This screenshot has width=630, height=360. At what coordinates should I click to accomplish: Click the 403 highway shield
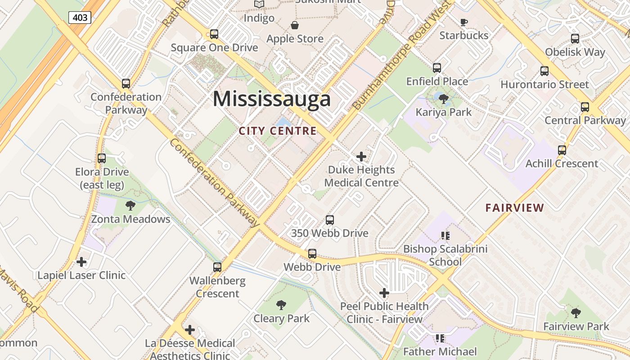tap(80, 18)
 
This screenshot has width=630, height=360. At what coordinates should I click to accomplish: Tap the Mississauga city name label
tap(272, 99)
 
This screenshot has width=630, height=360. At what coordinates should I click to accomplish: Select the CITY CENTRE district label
tap(278, 131)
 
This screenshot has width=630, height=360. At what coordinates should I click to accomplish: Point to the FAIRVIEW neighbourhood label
tap(515, 208)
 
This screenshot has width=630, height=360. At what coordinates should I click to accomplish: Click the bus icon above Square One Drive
tap(214, 34)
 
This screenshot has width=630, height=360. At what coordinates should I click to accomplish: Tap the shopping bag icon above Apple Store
tap(295, 25)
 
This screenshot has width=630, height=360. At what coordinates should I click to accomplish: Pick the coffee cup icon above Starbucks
tap(464, 22)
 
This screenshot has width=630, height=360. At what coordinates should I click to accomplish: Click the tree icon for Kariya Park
tap(444, 99)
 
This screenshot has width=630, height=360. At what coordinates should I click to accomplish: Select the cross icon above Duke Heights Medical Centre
tap(361, 157)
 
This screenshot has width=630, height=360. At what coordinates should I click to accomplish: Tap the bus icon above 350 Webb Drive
tap(330, 220)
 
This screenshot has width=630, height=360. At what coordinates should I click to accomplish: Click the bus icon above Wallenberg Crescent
tap(217, 267)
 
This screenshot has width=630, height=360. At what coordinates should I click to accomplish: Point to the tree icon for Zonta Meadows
tap(130, 206)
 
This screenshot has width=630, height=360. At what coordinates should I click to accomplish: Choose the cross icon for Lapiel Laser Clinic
tap(81, 262)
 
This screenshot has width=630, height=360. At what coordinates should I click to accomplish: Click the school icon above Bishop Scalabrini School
tap(445, 235)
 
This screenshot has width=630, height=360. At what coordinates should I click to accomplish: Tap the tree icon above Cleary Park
tap(281, 305)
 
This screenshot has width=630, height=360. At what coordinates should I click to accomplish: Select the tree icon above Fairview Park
tap(576, 313)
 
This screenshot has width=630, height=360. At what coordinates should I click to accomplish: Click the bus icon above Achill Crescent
tap(562, 150)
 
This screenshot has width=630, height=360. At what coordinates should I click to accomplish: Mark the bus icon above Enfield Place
tap(437, 68)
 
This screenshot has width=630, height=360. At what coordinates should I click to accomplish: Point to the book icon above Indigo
tap(259, 4)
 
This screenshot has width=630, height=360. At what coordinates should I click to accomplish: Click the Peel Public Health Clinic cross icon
tap(384, 293)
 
